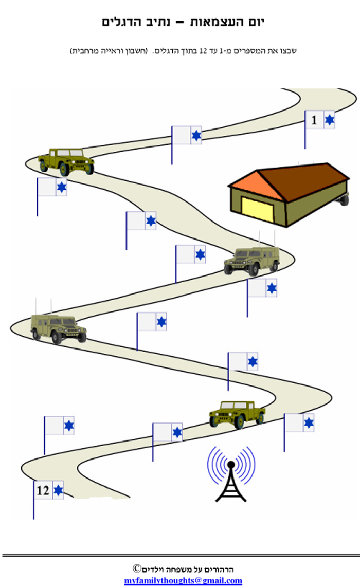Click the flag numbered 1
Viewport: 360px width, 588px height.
319,120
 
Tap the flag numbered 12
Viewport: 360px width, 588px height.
49,490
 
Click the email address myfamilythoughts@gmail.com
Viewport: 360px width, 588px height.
183,581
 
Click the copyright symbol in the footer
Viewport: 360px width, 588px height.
137,568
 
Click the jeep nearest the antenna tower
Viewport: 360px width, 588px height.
237,413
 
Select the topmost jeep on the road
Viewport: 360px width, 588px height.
66,161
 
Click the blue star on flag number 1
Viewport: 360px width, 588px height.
329,120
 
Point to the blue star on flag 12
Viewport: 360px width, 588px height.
58,490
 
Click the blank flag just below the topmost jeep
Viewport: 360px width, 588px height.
51,187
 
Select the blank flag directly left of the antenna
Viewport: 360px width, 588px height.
168,432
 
